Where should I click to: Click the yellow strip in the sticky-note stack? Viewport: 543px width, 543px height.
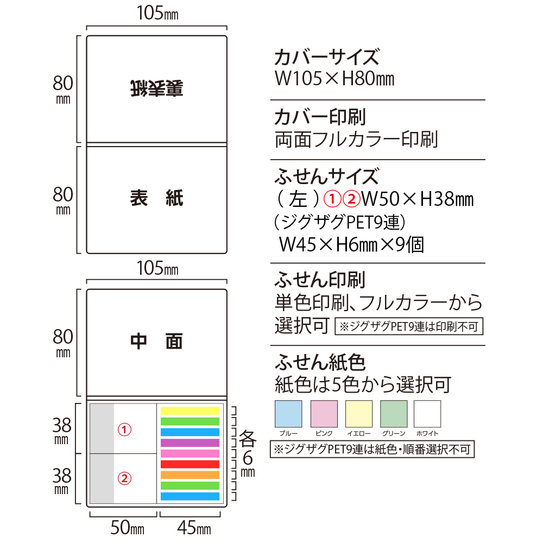(190, 411)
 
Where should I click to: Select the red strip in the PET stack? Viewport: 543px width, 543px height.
(190, 464)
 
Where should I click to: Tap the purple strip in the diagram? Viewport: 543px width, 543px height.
(190, 443)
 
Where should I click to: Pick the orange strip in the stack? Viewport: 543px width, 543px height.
(190, 475)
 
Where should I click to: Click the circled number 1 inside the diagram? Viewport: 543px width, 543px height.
(124, 430)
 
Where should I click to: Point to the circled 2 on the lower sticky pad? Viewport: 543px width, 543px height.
(124, 478)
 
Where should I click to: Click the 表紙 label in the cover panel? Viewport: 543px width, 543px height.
(156, 198)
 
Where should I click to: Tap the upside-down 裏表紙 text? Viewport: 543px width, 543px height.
(156, 89)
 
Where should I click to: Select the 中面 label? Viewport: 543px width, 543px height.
(156, 342)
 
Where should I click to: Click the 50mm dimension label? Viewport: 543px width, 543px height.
(127, 528)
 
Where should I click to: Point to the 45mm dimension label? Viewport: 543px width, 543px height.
(194, 528)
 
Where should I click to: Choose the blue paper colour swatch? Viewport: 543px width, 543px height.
(288, 414)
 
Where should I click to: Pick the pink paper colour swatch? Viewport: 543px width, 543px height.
(324, 414)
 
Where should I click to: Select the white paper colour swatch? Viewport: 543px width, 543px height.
(427, 414)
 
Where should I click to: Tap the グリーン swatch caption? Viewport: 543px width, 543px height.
(393, 433)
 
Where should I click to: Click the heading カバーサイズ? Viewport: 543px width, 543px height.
(327, 57)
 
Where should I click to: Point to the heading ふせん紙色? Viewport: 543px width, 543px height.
(320, 362)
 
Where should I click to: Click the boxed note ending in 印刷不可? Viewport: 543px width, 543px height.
(409, 326)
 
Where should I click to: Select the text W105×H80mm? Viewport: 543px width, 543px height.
(334, 79)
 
